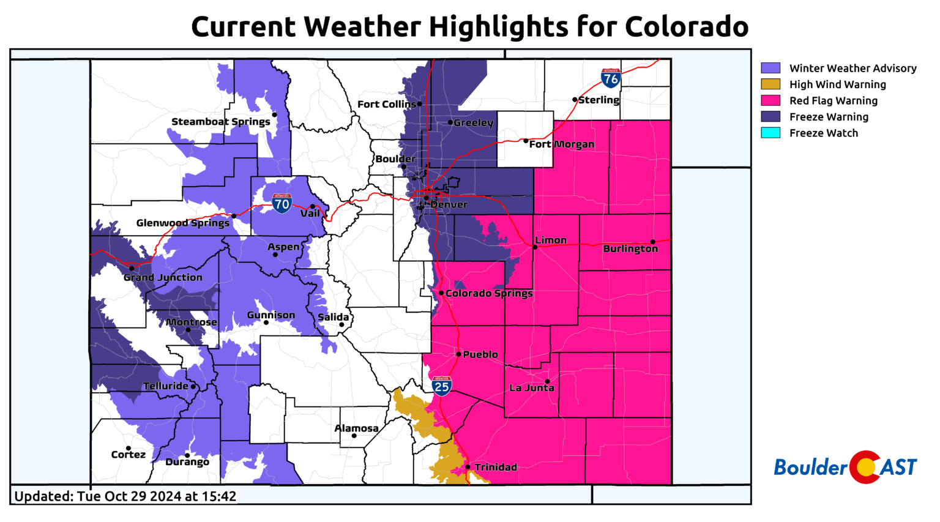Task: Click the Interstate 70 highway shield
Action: [282, 203]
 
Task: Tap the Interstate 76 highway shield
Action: [610, 78]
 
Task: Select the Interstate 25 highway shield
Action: [441, 386]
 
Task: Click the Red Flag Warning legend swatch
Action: [770, 100]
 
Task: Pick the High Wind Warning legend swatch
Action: [770, 84]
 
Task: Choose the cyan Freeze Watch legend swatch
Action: [770, 133]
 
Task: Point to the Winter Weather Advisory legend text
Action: [852, 69]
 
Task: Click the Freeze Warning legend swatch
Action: [770, 117]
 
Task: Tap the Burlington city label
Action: [630, 248]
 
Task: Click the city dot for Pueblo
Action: [458, 354]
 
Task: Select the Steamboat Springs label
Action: [221, 122]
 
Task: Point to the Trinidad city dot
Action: [468, 467]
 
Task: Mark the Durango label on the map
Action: [187, 462]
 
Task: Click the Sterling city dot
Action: [575, 99]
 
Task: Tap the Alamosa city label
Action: [356, 428]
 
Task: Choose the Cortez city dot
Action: [129, 449]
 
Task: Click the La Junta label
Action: [532, 388]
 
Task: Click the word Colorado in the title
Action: [686, 27]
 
